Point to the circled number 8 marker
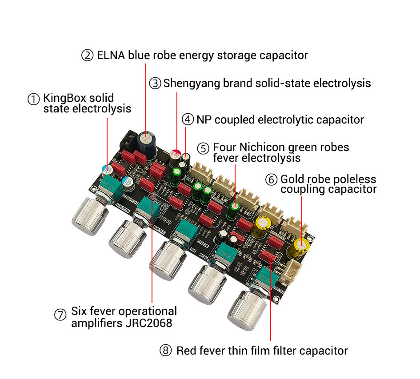tap(166, 351)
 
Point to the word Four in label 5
tap(224, 148)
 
